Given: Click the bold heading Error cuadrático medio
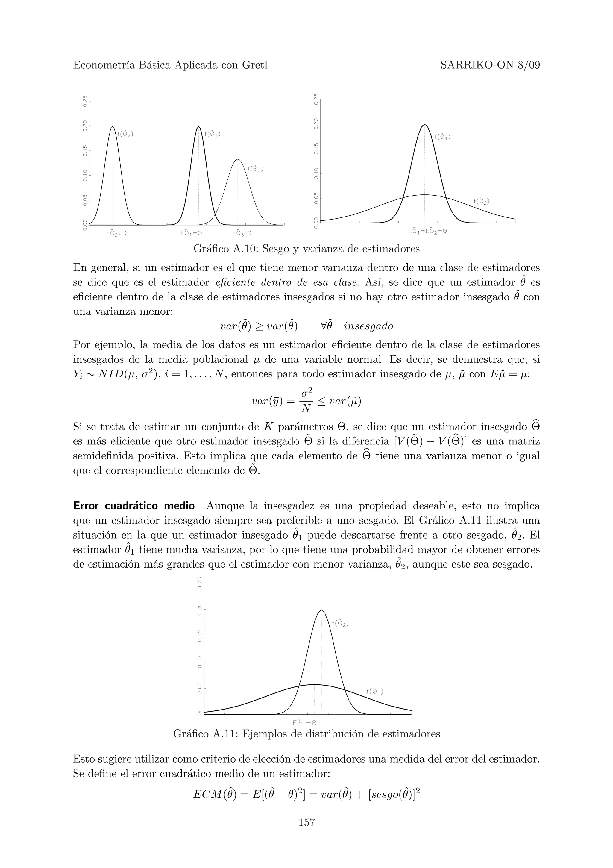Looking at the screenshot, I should (x=134, y=506).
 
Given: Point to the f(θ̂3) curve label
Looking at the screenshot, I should (x=255, y=169).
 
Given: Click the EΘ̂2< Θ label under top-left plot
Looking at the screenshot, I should (x=117, y=233).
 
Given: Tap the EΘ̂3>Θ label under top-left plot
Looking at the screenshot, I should (x=242, y=233).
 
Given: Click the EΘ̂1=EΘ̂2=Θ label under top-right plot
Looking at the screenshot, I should (x=427, y=231).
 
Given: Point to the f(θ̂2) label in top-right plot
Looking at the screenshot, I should (x=482, y=202).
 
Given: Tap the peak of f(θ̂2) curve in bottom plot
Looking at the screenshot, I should (x=321, y=610).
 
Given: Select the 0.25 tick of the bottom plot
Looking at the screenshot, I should (x=199, y=583).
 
